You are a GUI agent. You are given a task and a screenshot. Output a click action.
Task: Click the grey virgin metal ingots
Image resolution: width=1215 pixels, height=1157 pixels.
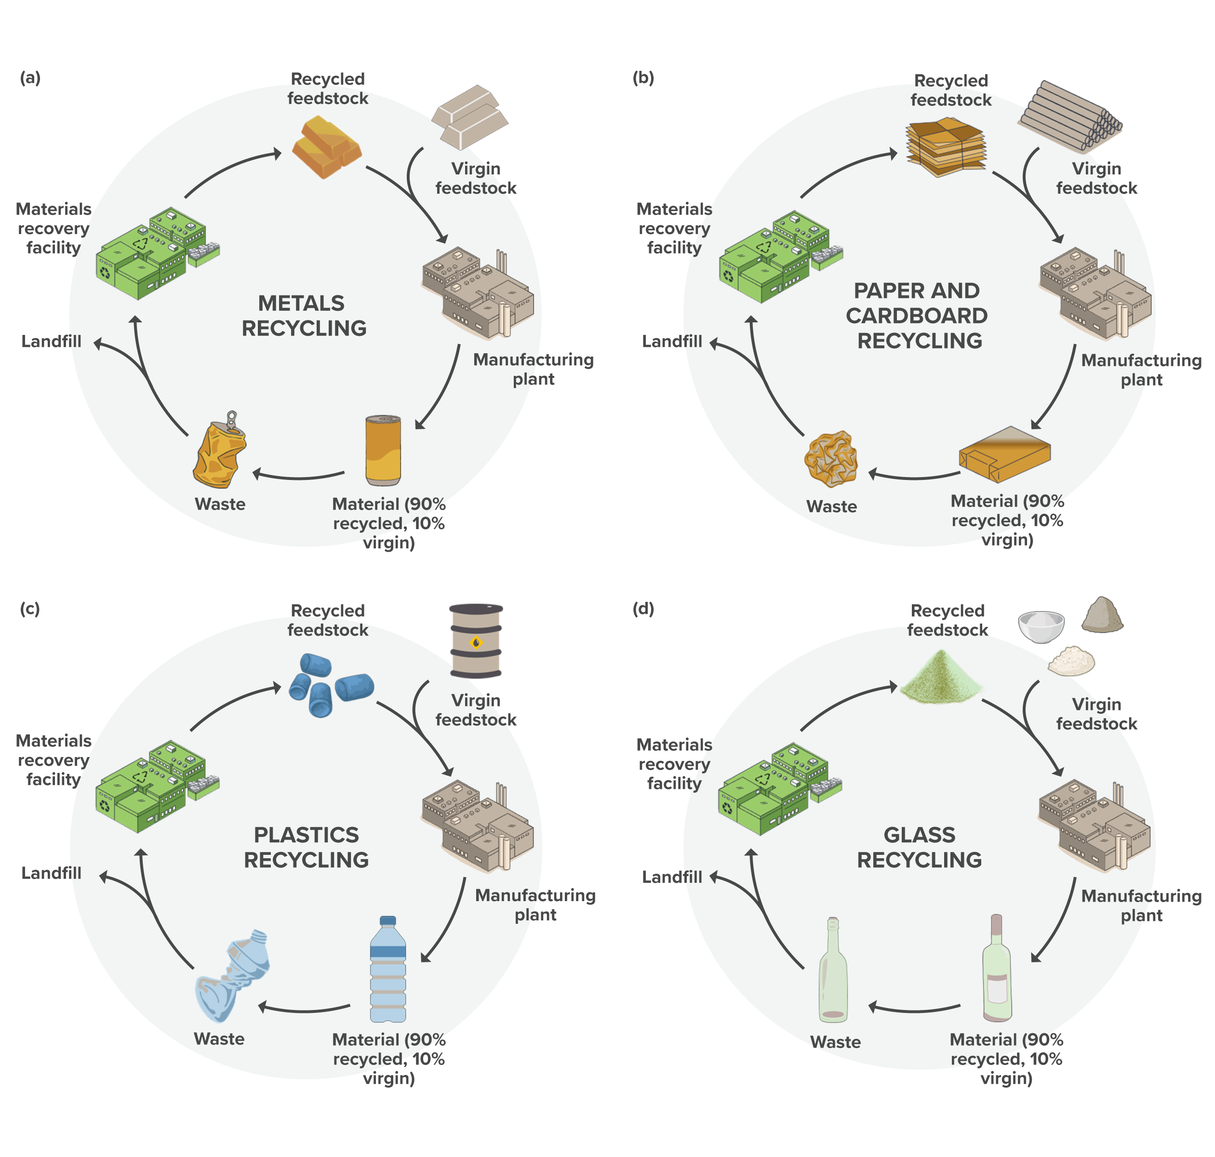pos(470,117)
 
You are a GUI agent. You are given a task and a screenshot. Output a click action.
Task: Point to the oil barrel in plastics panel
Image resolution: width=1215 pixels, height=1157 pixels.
pos(476,641)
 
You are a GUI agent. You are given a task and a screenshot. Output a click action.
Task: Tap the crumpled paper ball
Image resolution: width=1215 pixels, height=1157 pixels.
pos(831,459)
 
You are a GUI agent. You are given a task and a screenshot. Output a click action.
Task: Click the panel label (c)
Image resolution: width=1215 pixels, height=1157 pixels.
pos(29,609)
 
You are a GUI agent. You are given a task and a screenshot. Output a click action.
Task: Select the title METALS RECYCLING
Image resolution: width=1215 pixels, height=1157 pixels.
pos(304,316)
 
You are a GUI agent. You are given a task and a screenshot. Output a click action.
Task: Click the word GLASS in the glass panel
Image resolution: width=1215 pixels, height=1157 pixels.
pos(919,835)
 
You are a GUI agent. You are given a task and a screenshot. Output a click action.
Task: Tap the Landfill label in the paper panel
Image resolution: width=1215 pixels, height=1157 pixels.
pos(672,342)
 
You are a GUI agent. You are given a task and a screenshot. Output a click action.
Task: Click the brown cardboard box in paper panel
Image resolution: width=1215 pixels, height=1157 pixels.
pos(1004,454)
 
